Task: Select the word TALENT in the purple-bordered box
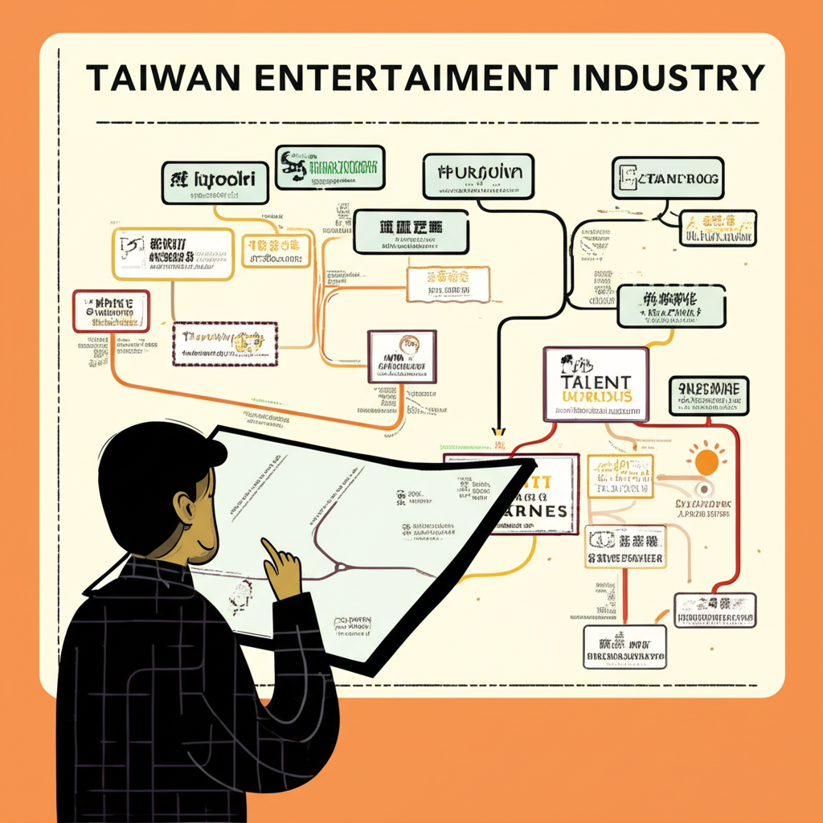597,380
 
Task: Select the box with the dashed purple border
225,344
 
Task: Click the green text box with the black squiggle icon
330,167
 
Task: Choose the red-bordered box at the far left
111,311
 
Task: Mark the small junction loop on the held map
340,566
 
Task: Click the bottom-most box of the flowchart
624,646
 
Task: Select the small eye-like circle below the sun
705,488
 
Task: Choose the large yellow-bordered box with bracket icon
173,253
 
